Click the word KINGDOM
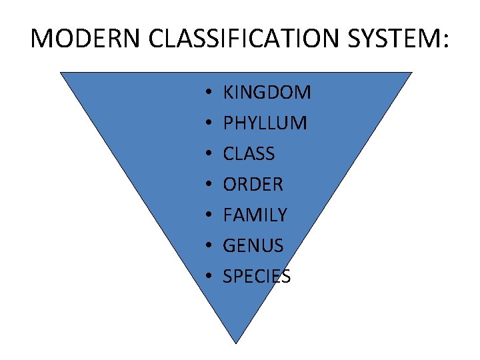(267, 92)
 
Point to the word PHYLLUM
(265, 123)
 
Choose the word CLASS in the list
(249, 153)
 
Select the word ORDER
(253, 184)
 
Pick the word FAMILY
(255, 215)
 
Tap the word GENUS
(253, 245)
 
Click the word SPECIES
(257, 276)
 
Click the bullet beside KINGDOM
(209, 93)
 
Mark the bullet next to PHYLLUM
(209, 123)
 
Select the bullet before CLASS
(209, 154)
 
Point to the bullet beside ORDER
(209, 185)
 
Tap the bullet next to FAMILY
(209, 215)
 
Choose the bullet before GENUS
(209, 246)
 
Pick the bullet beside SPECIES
(209, 277)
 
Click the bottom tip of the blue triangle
(237, 343)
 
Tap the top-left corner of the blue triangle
(61, 73)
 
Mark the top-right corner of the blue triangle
(411, 73)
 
